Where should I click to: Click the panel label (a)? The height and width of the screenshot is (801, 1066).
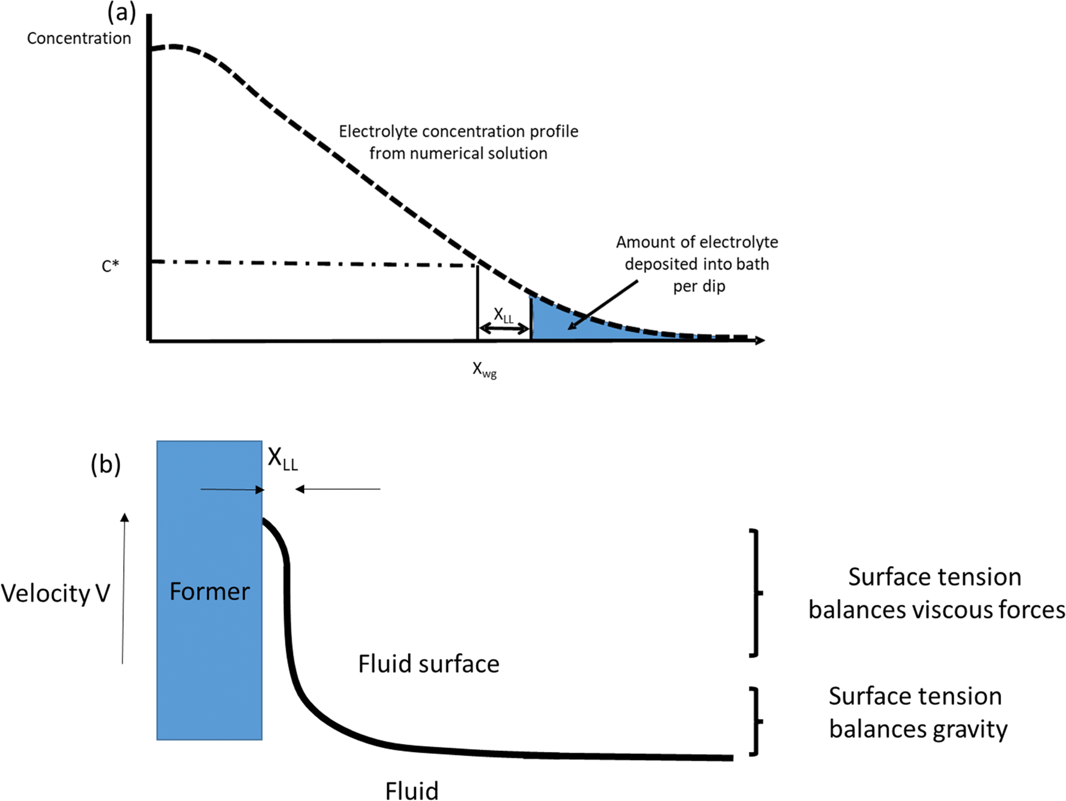tap(121, 12)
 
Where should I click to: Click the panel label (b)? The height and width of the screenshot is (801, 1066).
tap(106, 464)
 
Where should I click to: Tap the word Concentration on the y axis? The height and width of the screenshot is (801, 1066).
tap(79, 38)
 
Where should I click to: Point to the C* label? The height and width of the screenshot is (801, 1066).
tap(111, 266)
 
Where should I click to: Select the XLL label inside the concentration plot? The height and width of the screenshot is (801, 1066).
tap(504, 315)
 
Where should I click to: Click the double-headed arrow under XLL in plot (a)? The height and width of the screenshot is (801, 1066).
tap(504, 329)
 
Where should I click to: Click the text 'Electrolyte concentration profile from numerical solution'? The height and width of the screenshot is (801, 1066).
tap(459, 142)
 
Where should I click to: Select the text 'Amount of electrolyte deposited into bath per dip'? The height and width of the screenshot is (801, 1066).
tap(697, 264)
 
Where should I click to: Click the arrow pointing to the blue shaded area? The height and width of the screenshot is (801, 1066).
tap(603, 305)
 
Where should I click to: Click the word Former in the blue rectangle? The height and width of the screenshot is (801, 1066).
tap(209, 591)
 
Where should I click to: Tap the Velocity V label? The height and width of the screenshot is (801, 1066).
tap(56, 593)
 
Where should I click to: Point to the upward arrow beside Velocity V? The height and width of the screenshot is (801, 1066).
tap(124, 588)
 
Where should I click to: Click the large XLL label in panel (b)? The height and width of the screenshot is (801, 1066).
tap(283, 459)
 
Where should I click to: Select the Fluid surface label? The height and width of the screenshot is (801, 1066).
tap(429, 664)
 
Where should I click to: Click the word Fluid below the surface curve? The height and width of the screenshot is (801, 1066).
tap(412, 790)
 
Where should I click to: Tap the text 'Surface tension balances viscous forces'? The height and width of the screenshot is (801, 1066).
tap(936, 593)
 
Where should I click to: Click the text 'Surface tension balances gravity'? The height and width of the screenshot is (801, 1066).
tap(918, 713)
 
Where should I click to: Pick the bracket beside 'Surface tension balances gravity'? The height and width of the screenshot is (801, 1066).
tap(755, 721)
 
